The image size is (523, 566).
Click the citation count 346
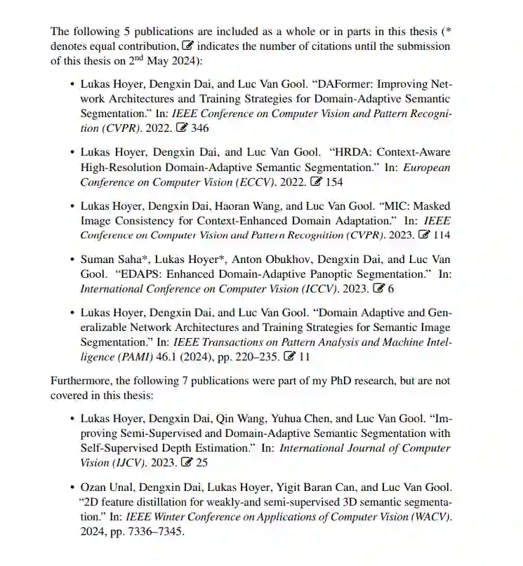click(199, 128)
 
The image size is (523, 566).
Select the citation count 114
click(442, 235)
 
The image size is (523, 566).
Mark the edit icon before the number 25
click(187, 463)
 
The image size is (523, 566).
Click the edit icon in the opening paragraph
click(187, 46)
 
